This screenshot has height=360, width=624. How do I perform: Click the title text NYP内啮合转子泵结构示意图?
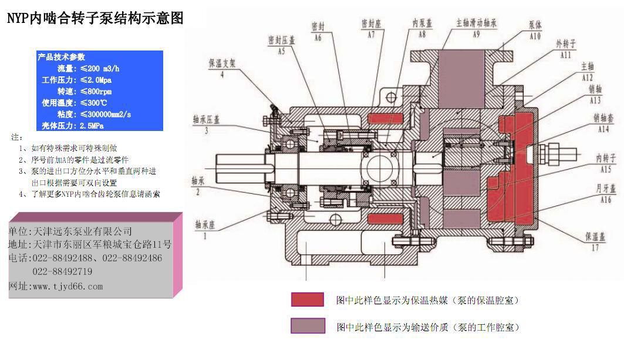[95, 19]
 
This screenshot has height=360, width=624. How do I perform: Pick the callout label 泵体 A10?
[535, 31]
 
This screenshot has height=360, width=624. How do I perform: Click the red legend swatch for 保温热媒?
[308, 300]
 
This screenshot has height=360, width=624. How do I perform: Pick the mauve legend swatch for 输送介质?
[308, 326]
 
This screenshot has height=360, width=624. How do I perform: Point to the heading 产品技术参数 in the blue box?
[62, 57]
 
